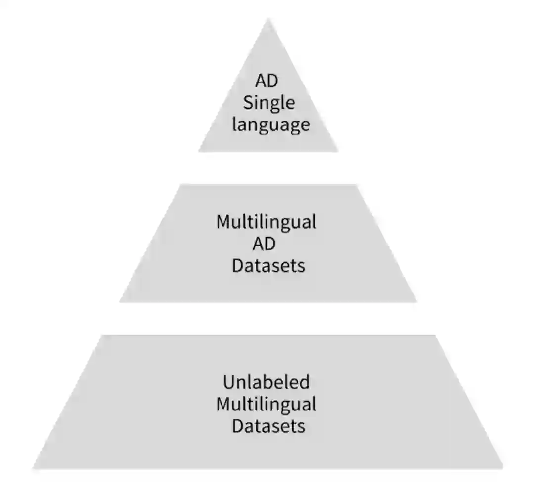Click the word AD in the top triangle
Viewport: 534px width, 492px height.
[267, 81]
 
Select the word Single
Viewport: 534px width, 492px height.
[268, 103]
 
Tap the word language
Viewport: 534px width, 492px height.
[271, 124]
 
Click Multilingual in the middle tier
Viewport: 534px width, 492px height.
[266, 222]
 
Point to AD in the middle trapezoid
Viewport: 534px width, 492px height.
[267, 244]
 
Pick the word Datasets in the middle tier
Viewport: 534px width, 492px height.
[268, 266]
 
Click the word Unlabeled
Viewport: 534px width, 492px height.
[266, 382]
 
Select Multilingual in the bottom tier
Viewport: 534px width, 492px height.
[266, 404]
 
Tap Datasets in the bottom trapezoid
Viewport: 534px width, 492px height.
[268, 426]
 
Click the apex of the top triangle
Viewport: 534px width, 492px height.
[268, 20]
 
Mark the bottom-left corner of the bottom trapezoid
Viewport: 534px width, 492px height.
[34, 467]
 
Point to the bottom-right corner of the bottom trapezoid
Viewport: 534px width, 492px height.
[502, 467]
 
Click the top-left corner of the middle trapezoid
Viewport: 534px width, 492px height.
[181, 185]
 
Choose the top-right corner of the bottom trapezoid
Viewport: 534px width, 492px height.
[435, 336]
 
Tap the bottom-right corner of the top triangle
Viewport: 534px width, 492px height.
[338, 151]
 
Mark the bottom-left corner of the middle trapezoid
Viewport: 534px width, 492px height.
[120, 301]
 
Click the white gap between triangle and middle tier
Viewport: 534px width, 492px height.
[268, 168]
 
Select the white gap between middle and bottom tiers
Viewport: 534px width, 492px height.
[268, 319]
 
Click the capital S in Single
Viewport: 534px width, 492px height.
[248, 103]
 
